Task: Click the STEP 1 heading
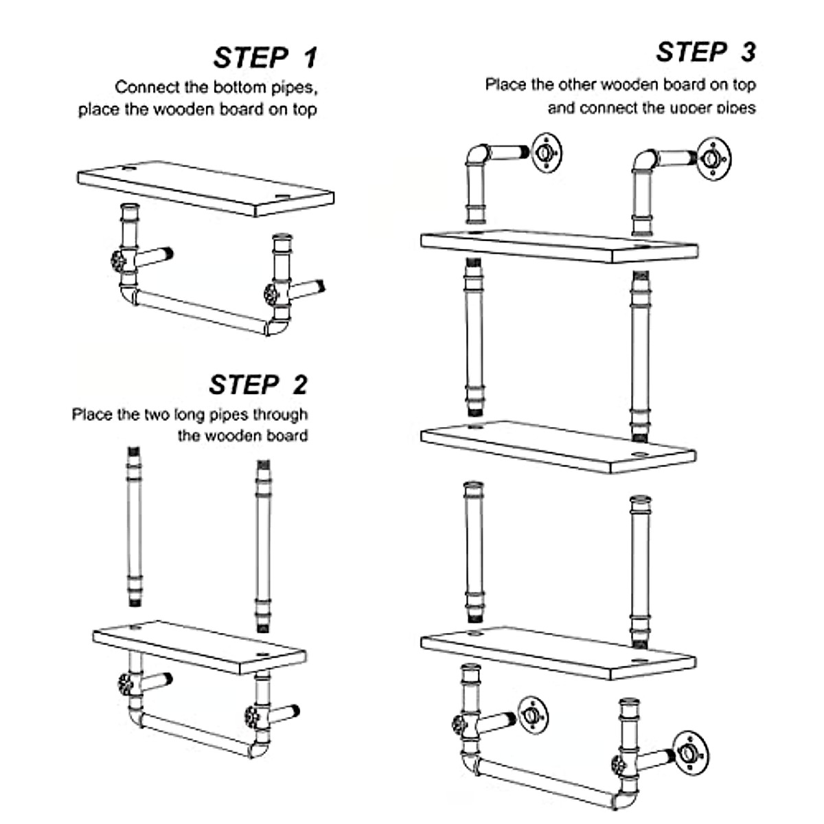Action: click(x=265, y=58)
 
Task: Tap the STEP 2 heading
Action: click(x=258, y=385)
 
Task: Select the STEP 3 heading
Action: click(x=705, y=52)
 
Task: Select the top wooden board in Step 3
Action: click(x=558, y=245)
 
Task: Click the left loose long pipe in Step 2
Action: click(x=134, y=525)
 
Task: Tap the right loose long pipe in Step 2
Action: click(x=263, y=546)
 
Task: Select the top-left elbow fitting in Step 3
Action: click(x=477, y=156)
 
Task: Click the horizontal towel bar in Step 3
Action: click(x=542, y=776)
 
